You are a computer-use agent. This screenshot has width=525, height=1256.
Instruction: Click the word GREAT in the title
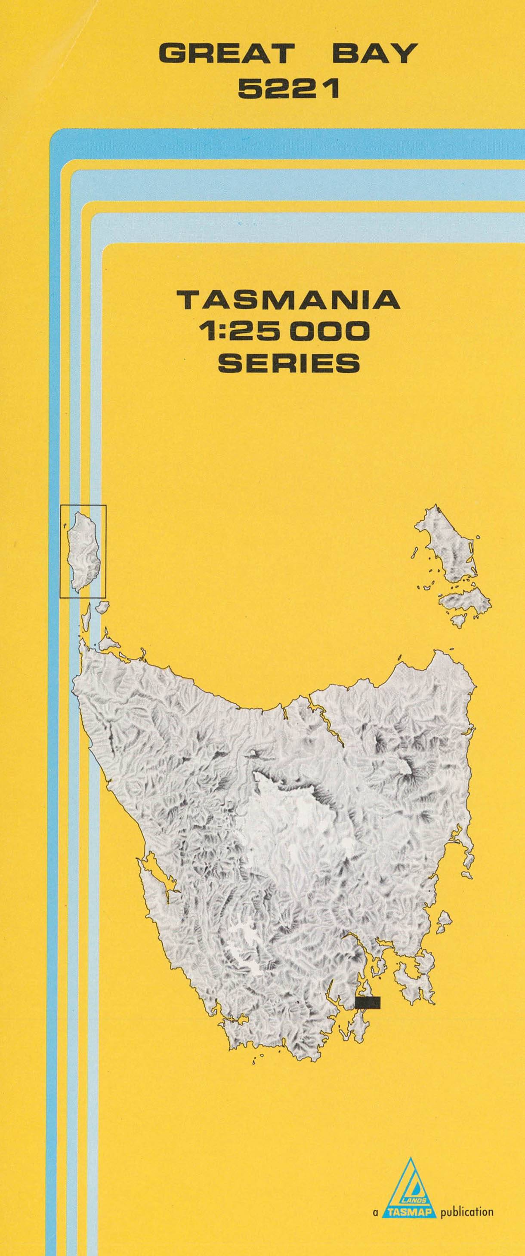point(227,54)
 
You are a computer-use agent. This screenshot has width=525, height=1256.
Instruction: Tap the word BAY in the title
point(375,54)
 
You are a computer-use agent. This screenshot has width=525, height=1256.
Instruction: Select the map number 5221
point(288,89)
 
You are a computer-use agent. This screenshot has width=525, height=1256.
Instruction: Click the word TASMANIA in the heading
point(288,300)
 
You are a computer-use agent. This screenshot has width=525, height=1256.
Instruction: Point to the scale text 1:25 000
point(284,332)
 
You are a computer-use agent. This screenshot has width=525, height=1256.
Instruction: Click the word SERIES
point(288,363)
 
